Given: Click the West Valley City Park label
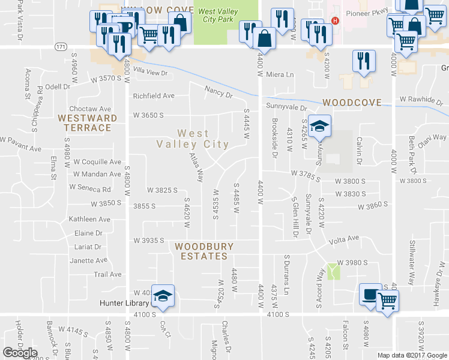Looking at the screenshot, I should pyautogui.click(x=218, y=16).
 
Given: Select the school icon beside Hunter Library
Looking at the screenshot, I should pyautogui.click(x=162, y=296).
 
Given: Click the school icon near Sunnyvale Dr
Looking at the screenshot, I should pyautogui.click(x=320, y=125).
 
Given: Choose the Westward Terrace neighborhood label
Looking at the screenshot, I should pyautogui.click(x=85, y=122).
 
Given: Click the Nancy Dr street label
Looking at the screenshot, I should pyautogui.click(x=218, y=92).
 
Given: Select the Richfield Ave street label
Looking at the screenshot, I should pyautogui.click(x=154, y=95).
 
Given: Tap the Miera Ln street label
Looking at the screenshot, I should pyautogui.click(x=280, y=75).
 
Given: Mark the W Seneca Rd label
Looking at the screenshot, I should pyautogui.click(x=91, y=188).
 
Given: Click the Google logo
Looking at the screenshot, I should pyautogui.click(x=20, y=353).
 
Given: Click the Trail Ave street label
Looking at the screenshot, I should pyautogui.click(x=108, y=274).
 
